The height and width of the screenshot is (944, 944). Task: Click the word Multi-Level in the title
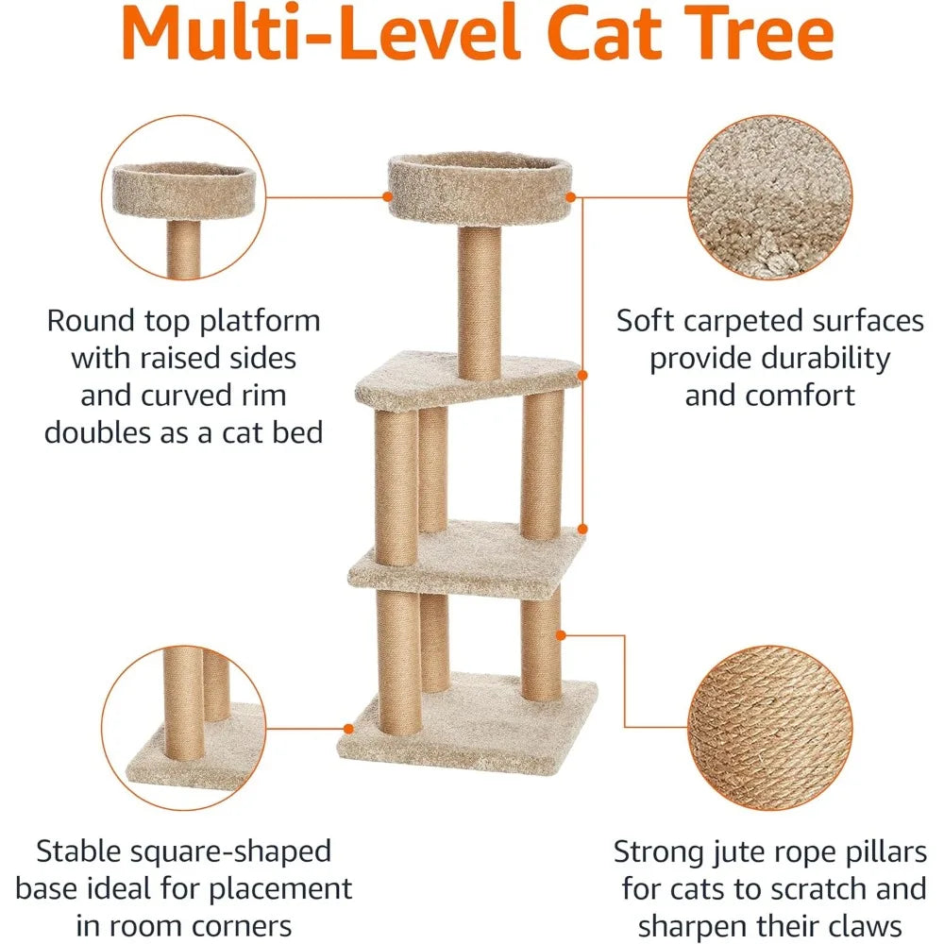click(x=320, y=32)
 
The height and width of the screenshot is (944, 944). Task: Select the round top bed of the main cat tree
click(x=480, y=187)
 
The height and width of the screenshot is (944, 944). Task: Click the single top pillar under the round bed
click(x=480, y=302)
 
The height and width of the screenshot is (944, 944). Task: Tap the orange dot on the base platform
click(x=348, y=729)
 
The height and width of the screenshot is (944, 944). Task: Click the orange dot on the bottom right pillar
click(x=561, y=635)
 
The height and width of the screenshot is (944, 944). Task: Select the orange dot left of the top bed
click(x=388, y=197)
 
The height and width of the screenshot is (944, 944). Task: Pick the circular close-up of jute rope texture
click(x=770, y=727)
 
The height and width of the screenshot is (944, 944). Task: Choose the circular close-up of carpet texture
click(x=770, y=197)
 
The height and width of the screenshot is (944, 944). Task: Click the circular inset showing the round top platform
click(x=184, y=197)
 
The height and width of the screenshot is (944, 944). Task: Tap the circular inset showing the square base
click(x=184, y=728)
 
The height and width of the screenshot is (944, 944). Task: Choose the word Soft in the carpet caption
click(x=645, y=320)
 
